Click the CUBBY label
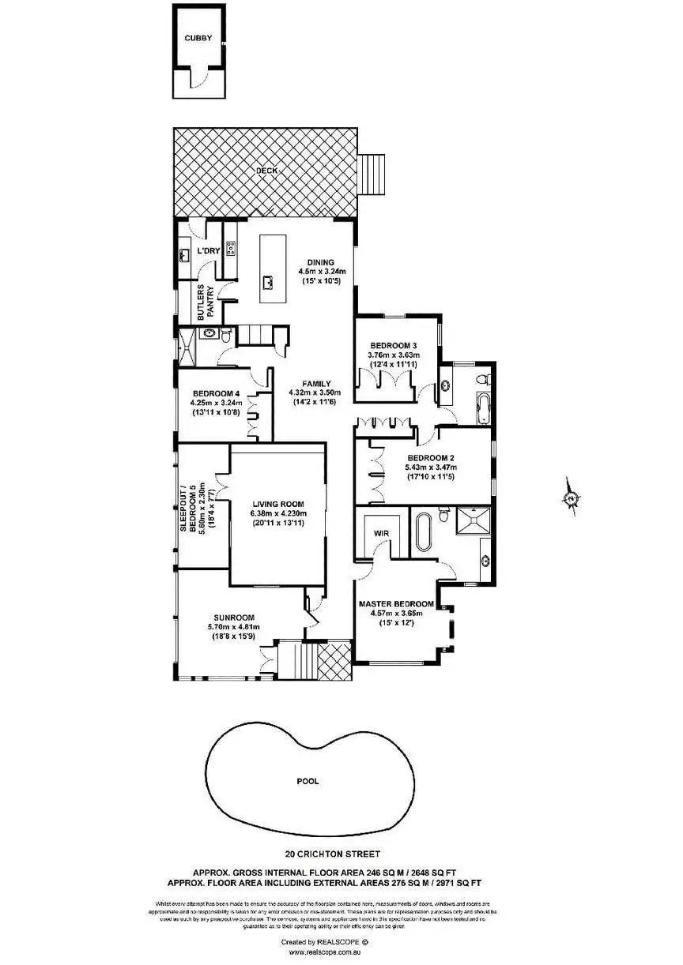[197, 37]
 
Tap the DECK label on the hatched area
[266, 171]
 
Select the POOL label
[308, 781]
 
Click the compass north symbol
[569, 498]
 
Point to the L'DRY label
[208, 251]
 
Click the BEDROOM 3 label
[393, 345]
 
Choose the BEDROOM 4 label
[215, 393]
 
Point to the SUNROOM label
[232, 618]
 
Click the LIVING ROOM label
[278, 504]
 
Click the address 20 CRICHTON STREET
[333, 853]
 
